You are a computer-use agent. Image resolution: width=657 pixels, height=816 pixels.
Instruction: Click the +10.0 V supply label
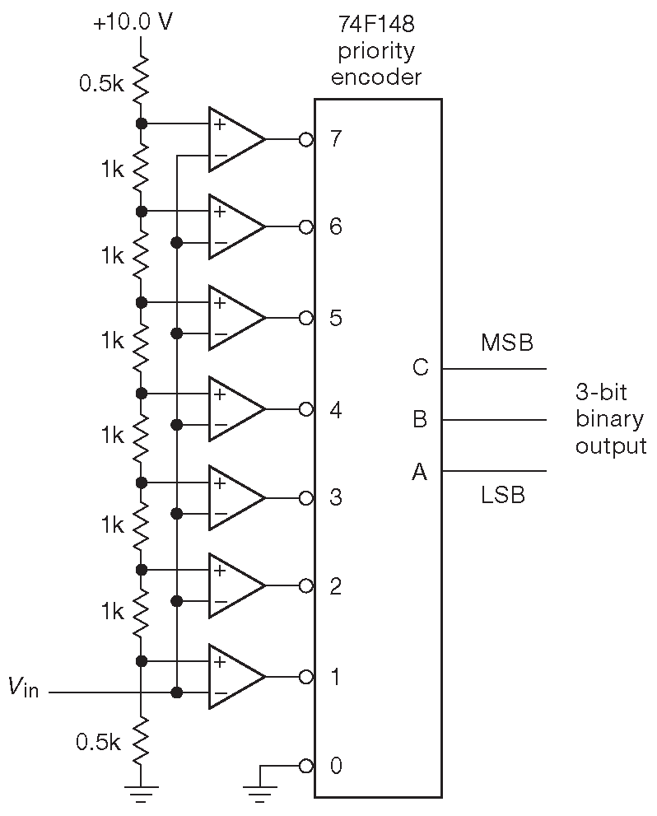click(133, 21)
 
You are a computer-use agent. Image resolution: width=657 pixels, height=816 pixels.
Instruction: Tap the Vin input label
click(24, 687)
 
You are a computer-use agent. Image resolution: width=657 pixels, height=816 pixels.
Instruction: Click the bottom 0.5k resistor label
click(97, 742)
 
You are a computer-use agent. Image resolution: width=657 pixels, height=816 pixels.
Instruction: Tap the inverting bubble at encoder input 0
click(306, 766)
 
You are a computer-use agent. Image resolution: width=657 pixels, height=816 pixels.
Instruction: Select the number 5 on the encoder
click(336, 318)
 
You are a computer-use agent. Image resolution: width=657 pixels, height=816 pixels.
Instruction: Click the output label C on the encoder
click(420, 367)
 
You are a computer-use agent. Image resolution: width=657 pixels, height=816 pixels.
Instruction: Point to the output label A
click(420, 472)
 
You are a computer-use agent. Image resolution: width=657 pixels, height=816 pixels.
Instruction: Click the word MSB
click(506, 343)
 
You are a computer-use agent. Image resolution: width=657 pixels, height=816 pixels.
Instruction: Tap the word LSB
click(503, 496)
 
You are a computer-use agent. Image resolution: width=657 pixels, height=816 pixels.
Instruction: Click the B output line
click(494, 420)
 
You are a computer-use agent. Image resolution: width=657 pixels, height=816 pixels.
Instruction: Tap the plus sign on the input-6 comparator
click(220, 212)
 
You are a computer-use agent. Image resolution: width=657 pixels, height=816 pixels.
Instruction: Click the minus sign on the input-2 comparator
click(220, 603)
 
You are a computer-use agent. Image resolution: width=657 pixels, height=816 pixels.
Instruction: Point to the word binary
click(609, 419)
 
